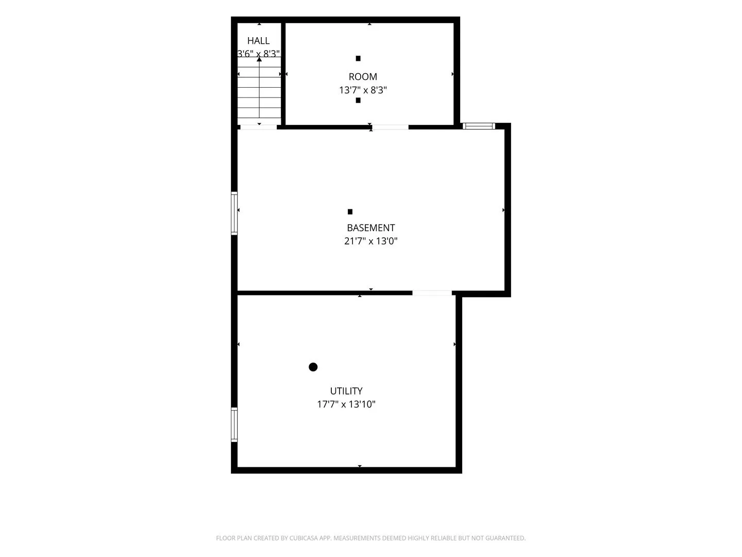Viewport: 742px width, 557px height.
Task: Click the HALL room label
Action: [258, 41]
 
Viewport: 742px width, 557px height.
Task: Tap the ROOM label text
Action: [363, 77]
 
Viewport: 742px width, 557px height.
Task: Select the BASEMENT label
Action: [371, 227]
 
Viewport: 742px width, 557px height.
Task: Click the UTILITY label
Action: [346, 391]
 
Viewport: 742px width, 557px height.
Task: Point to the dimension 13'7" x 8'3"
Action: [363, 90]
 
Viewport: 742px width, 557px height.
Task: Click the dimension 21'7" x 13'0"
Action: [371, 241]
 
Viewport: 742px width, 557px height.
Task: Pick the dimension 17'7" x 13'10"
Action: [346, 404]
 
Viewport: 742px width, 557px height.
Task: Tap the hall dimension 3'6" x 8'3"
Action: [259, 54]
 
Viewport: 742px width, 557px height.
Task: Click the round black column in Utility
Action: [313, 367]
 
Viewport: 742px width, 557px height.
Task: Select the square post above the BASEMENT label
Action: [350, 211]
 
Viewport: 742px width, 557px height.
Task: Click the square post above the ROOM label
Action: [358, 58]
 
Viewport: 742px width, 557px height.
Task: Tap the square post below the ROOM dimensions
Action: [358, 100]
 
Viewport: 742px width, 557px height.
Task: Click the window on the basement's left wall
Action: [234, 213]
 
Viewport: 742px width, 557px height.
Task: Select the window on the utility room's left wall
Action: [234, 425]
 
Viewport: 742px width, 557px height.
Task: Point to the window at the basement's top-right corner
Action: [479, 126]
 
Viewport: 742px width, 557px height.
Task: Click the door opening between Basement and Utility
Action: [432, 293]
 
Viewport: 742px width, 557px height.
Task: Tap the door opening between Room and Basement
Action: [390, 127]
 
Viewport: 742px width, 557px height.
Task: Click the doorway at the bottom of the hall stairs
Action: [258, 127]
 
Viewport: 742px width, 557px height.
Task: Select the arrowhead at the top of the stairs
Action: [259, 59]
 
